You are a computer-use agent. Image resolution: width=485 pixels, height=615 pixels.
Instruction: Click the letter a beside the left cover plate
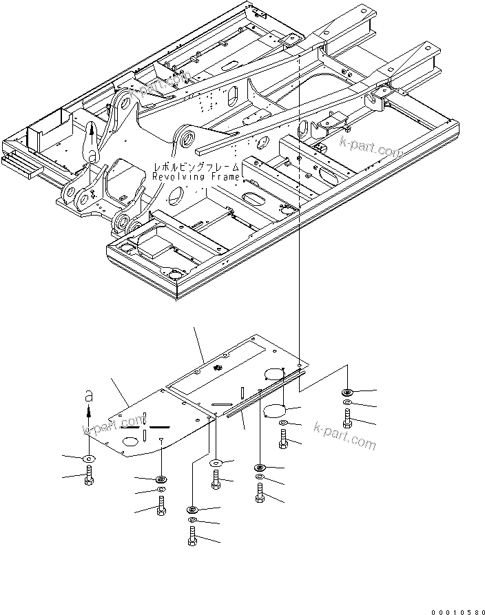tap(87, 398)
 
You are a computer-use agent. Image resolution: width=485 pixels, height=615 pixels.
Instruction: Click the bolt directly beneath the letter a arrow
tap(88, 475)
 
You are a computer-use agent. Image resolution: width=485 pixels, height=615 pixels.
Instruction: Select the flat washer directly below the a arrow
tap(88, 458)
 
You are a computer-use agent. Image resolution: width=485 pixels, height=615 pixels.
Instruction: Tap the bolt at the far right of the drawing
tap(346, 418)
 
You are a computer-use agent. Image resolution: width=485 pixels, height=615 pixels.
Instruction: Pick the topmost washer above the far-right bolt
tap(346, 393)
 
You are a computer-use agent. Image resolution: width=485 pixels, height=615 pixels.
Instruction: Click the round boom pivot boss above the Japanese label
tap(187, 138)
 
